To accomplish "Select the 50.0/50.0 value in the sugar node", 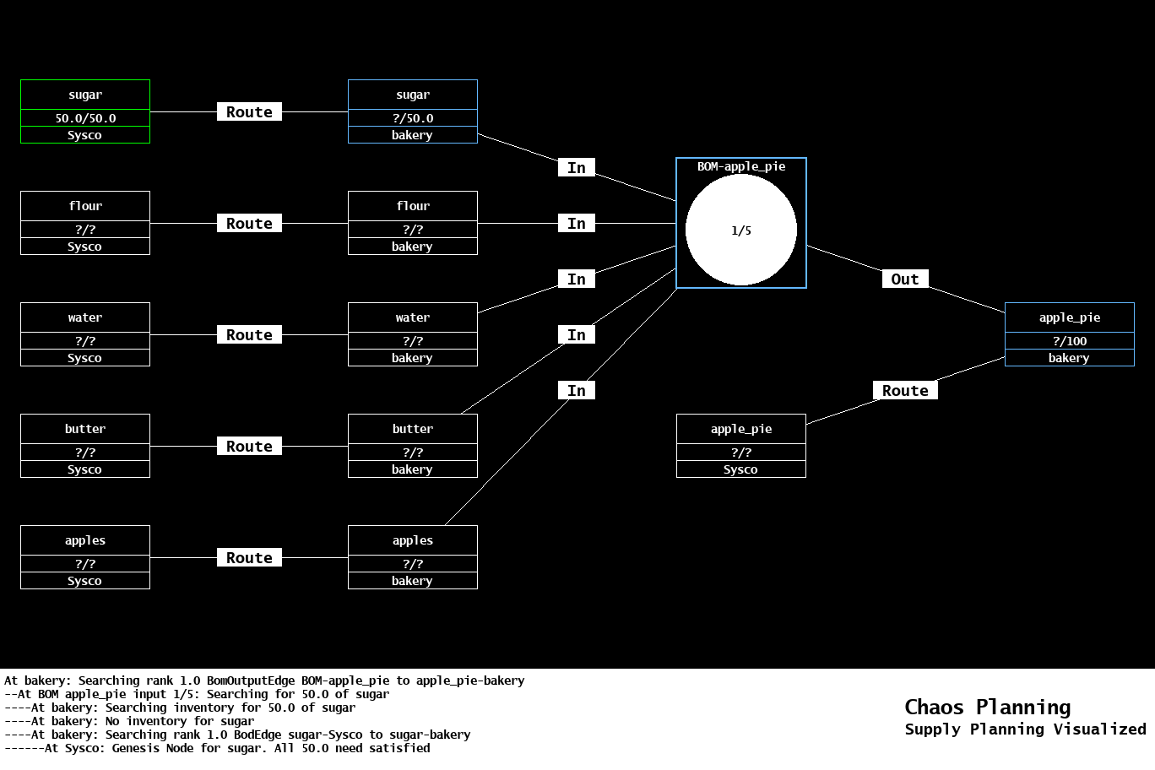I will pyautogui.click(x=85, y=118).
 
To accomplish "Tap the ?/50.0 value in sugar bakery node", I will pyautogui.click(x=413, y=118).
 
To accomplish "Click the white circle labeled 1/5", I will pyautogui.click(x=741, y=230).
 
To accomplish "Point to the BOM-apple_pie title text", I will pyautogui.click(x=741, y=166).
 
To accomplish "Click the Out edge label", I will pyautogui.click(x=905, y=279).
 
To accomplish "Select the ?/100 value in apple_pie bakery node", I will pyautogui.click(x=1070, y=341).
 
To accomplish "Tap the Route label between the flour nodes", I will pyautogui.click(x=249, y=224).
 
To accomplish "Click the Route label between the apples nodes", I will pyautogui.click(x=249, y=558).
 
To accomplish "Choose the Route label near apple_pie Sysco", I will pyautogui.click(x=905, y=391).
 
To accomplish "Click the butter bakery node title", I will pyautogui.click(x=413, y=429).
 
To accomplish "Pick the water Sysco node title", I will pyautogui.click(x=85, y=317).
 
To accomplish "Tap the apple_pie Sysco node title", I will pyautogui.click(x=741, y=429).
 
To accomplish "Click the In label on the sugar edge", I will pyautogui.click(x=577, y=168).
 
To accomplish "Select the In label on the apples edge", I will pyautogui.click(x=577, y=391).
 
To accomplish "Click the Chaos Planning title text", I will pyautogui.click(x=987, y=708).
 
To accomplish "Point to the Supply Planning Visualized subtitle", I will pyautogui.click(x=1025, y=729).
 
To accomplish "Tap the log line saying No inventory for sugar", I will pyautogui.click(x=129, y=721).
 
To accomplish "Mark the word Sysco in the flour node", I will pyautogui.click(x=85, y=247).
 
